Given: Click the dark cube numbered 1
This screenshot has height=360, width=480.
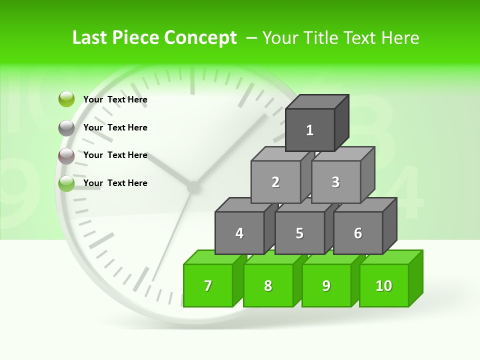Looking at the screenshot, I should click(x=310, y=130).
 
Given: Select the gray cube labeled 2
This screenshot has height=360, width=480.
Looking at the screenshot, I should click(x=275, y=182).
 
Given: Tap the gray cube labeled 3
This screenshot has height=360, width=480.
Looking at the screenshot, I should click(x=335, y=182).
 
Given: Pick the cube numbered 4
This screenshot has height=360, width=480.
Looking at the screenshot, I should click(x=239, y=233).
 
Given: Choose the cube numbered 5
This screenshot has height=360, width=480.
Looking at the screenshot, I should click(x=299, y=233).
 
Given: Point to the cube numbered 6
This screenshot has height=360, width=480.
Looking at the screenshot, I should click(x=358, y=233).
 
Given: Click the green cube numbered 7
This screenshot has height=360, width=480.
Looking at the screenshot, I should click(x=208, y=285).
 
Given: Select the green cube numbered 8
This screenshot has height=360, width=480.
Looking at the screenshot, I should click(x=268, y=285).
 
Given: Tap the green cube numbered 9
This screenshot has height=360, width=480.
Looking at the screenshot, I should click(x=326, y=285).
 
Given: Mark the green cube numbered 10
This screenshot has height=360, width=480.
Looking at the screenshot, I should click(x=384, y=285).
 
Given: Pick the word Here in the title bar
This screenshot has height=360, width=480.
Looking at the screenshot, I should click(x=400, y=38).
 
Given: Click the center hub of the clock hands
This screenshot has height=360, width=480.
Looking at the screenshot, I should click(x=192, y=187).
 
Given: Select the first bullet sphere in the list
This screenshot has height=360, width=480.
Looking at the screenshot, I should click(x=66, y=99).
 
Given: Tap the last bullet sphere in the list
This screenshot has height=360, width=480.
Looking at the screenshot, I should click(x=66, y=183).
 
